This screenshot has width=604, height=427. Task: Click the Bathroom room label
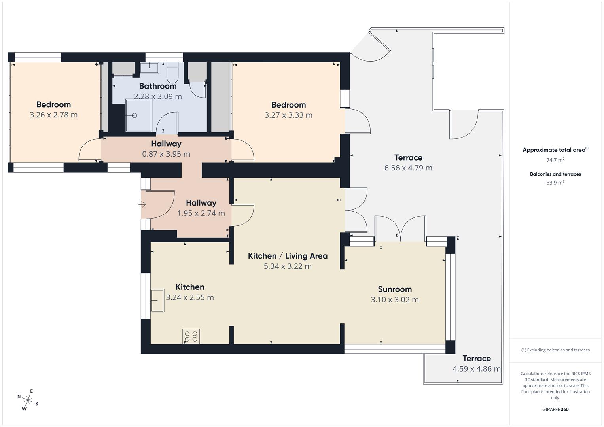click(x=157, y=86)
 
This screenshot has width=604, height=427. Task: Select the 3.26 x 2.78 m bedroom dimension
click(x=53, y=115)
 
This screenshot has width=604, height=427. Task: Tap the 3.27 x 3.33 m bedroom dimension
click(x=288, y=115)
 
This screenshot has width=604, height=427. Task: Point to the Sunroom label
click(x=394, y=289)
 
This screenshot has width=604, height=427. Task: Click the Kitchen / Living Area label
click(x=288, y=256)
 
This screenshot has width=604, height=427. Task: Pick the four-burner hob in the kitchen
click(x=191, y=336)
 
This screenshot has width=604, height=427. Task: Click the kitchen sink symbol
click(x=157, y=300)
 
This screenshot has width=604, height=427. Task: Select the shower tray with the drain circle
click(x=138, y=115)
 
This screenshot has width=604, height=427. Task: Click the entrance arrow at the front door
click(x=142, y=204)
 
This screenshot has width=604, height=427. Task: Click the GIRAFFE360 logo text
click(x=555, y=409)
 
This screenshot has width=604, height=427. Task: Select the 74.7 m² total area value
click(x=555, y=160)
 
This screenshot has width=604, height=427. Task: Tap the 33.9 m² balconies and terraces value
click(x=555, y=183)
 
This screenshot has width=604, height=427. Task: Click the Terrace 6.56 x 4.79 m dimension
click(x=408, y=168)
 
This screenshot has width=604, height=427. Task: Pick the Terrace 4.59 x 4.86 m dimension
click(x=476, y=369)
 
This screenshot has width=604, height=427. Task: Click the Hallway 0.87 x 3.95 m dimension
click(x=166, y=154)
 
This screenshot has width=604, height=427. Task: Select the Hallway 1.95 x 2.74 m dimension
click(x=201, y=213)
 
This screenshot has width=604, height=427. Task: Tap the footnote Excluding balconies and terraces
click(x=555, y=350)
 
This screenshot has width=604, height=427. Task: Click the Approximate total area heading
click(x=555, y=150)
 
